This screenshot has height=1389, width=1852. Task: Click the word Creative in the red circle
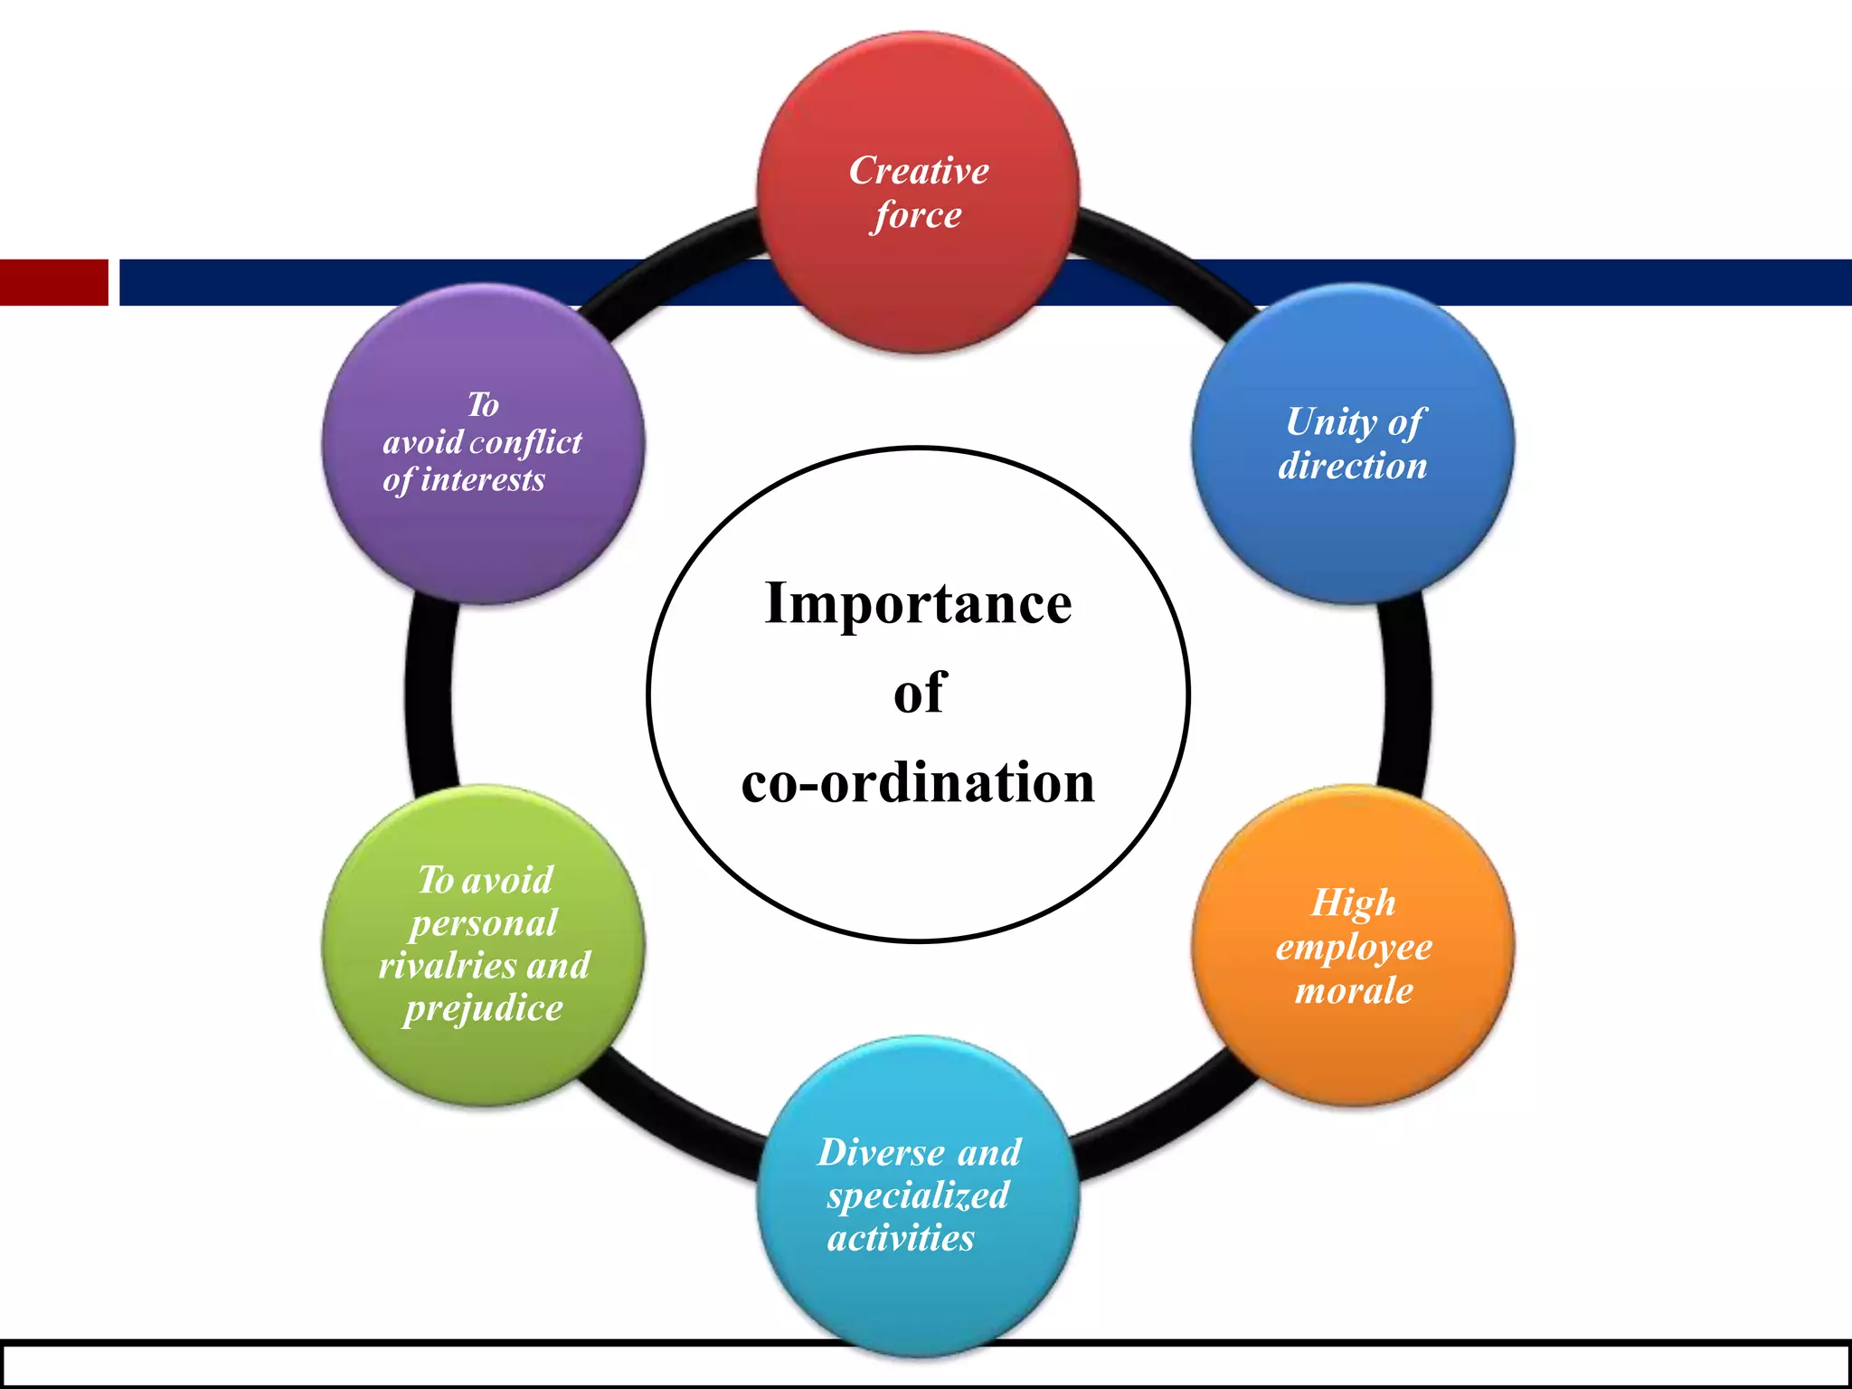coord(919,171)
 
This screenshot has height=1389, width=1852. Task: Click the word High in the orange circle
coord(1354,902)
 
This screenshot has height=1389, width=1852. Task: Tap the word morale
coord(1354,991)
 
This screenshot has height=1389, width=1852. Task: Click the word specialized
coord(918,1195)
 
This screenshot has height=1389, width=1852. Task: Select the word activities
coord(901,1238)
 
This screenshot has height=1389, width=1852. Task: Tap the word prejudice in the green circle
coord(484,1008)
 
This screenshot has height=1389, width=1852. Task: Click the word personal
coord(484,923)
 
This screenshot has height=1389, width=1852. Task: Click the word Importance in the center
coord(918,603)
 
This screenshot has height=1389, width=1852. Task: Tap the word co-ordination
coord(918,782)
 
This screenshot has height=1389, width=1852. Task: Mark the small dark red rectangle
coord(53,282)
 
